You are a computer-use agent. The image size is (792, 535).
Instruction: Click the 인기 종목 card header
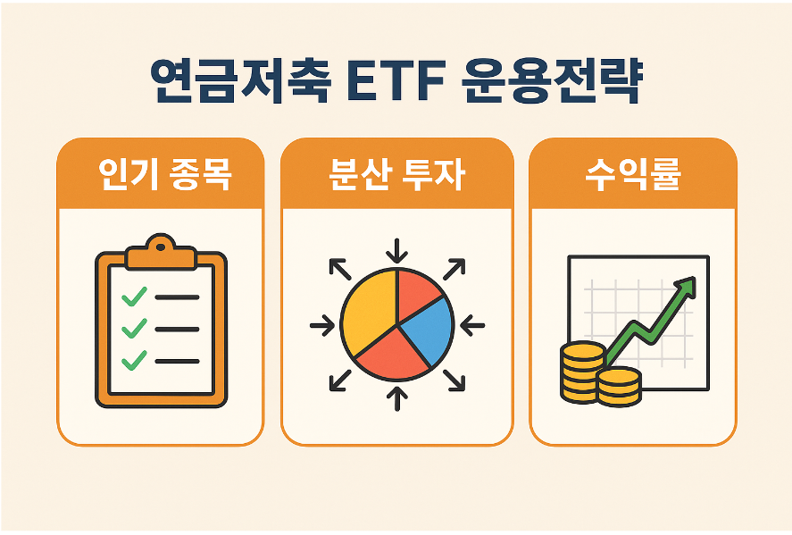tap(161, 175)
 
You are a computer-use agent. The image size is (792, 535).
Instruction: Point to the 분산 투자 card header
tap(396, 175)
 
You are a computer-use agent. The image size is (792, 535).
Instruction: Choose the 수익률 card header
tap(633, 175)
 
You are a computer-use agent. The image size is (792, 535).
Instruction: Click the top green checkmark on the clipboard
tap(134, 297)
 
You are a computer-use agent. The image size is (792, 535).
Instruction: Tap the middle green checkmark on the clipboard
tap(134, 329)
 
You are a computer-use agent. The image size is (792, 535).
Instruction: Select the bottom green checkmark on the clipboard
tap(134, 360)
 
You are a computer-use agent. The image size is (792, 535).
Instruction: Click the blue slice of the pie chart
tap(429, 329)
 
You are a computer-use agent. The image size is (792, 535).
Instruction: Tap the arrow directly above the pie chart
tap(397, 247)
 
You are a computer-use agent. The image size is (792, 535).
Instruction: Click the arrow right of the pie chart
tap(473, 324)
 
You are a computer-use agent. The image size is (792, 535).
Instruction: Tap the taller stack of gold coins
tap(580, 371)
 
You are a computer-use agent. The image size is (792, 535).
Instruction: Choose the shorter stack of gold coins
tap(619, 386)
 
